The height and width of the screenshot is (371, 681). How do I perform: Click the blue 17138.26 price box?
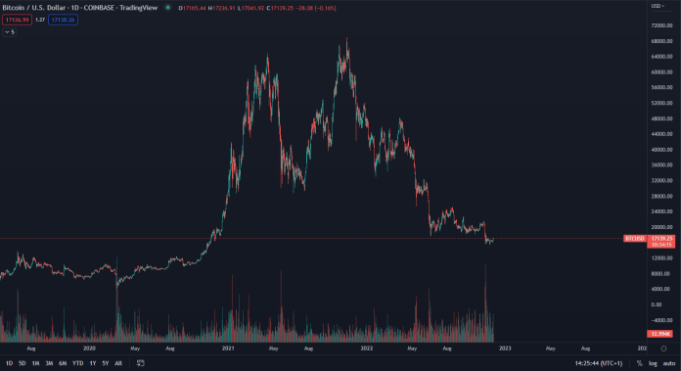[64, 19]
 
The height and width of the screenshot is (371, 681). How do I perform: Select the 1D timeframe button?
[10, 363]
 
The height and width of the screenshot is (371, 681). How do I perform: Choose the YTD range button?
[77, 363]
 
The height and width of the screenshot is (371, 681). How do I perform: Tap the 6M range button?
[63, 363]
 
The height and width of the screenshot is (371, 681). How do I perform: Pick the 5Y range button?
[106, 363]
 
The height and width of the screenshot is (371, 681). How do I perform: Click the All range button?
[118, 363]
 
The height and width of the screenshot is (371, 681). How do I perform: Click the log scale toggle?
[653, 363]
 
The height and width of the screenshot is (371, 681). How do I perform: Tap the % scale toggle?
[639, 363]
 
